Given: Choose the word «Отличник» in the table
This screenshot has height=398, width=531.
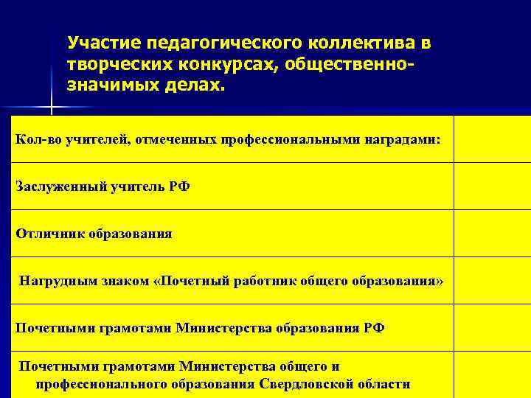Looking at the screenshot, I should point(50,234).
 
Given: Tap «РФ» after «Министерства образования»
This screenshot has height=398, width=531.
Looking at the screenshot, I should point(374,328).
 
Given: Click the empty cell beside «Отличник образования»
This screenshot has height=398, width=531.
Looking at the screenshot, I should point(492,234).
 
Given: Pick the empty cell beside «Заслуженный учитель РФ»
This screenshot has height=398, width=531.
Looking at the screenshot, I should point(492,186).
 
